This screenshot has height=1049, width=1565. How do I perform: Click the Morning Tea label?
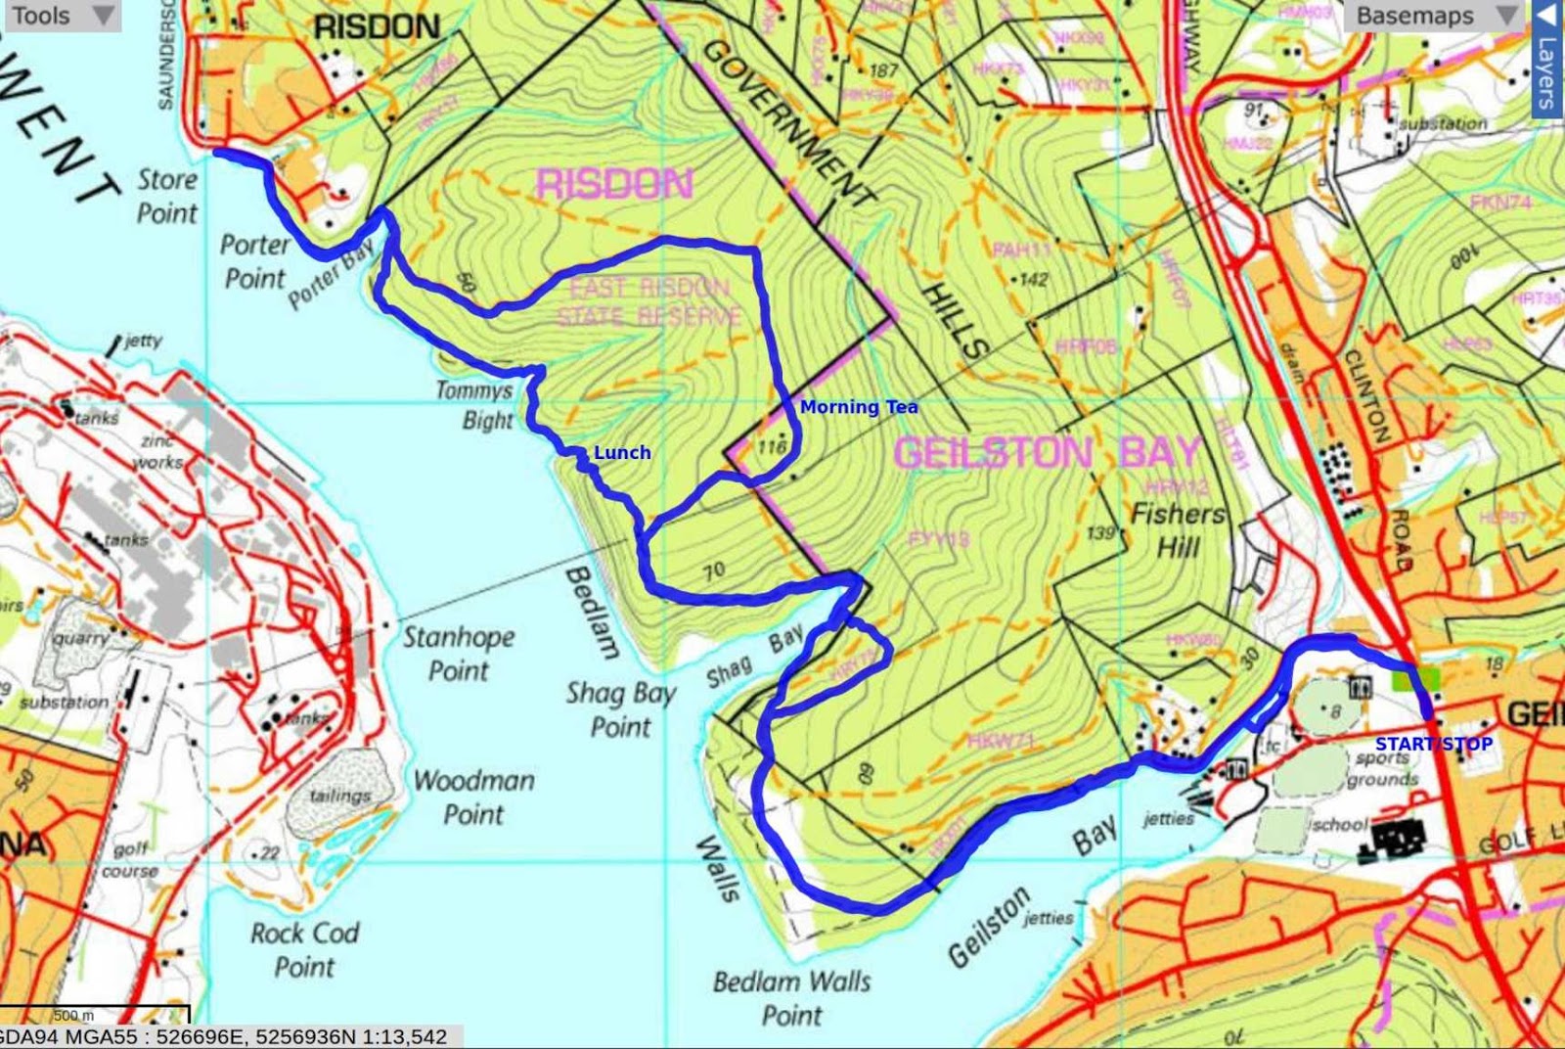tap(859, 407)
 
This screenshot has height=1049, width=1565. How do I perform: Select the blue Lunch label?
tap(622, 452)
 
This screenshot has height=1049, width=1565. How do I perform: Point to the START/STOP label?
tap(1434, 744)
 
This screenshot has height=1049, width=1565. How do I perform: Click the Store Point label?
tap(167, 196)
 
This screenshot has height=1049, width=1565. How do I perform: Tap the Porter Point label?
tap(255, 261)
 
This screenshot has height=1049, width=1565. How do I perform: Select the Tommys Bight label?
tap(474, 404)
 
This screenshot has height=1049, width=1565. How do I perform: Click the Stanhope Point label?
tap(459, 653)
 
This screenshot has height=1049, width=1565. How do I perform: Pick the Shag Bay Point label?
tap(620, 709)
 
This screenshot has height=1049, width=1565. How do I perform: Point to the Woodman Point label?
tap(474, 797)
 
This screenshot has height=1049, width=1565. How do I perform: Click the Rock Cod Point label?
tap(304, 949)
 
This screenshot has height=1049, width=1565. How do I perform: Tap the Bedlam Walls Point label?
tap(791, 997)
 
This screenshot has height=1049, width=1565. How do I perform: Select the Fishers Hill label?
tap(1178, 529)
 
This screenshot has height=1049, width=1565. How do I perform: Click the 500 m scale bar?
tap(95, 1015)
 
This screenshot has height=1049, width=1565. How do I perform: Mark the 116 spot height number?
tap(772, 447)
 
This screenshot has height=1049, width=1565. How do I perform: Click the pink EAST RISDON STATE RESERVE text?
tap(649, 301)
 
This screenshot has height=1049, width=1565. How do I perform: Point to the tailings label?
tap(340, 796)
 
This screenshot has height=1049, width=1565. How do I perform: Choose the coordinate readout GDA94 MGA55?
tap(225, 1036)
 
